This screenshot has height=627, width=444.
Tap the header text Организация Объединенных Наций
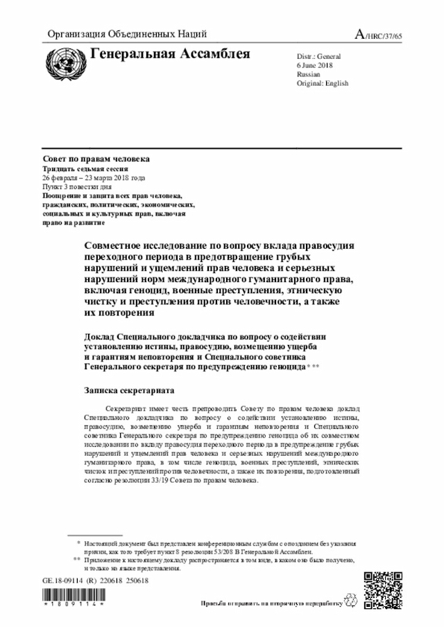(127, 34)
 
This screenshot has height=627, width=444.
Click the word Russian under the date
(309, 73)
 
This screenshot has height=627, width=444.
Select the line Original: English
(322, 83)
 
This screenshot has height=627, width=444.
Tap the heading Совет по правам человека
(96, 159)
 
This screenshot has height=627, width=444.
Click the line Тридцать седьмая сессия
(85, 169)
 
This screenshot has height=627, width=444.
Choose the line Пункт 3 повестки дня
(76, 187)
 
